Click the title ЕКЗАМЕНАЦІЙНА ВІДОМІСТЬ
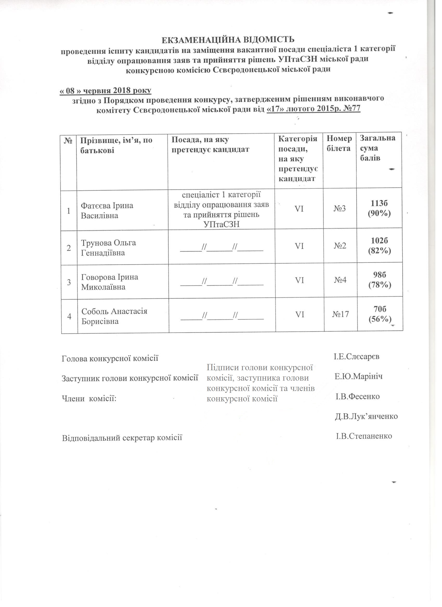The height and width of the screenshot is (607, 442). (x=228, y=40)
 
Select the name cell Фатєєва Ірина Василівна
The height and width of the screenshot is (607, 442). (x=107, y=210)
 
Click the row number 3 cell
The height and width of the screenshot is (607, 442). (x=69, y=282)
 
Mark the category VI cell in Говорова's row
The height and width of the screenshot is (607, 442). (x=299, y=280)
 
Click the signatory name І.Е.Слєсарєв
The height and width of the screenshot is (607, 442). (x=356, y=357)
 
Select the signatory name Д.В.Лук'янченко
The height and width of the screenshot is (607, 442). (x=366, y=416)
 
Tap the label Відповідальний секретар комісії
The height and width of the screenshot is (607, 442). (x=122, y=438)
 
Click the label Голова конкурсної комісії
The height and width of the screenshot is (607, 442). (x=110, y=358)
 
